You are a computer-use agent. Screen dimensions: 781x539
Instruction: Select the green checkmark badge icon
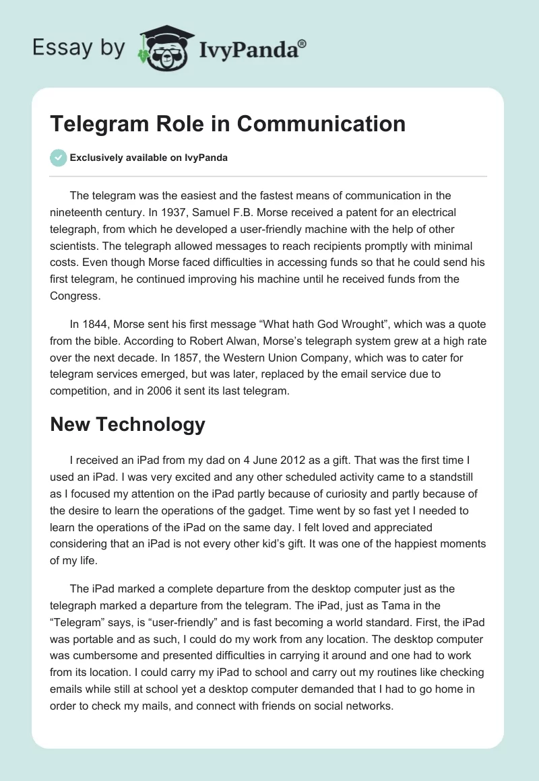[59, 158]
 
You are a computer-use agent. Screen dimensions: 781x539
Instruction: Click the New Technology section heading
[128, 424]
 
